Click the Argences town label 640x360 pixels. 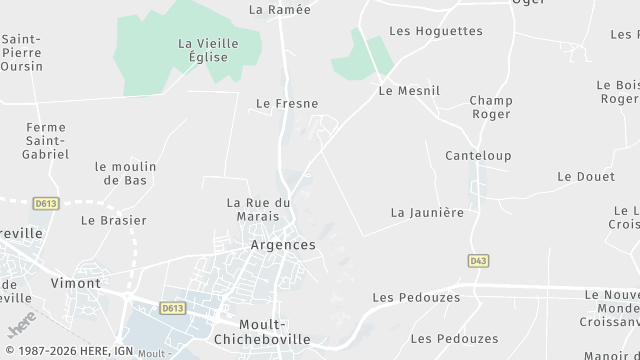point(283,245)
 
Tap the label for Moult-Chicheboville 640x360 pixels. point(276,331)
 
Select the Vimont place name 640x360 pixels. point(76,283)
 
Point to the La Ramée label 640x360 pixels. point(279,10)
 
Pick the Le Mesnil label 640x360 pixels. point(409,90)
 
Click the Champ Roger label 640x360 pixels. point(490,107)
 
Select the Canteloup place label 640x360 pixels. point(478,156)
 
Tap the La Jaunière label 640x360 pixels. point(427,212)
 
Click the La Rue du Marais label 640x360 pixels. point(258,209)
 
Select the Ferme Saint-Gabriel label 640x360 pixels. point(46,140)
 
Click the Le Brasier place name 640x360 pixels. point(113,220)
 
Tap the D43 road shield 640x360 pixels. point(478,260)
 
